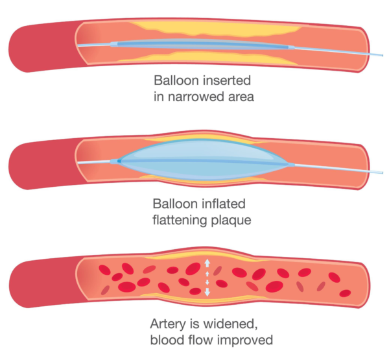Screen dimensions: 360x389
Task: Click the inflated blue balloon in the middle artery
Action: pyautogui.click(x=201, y=158)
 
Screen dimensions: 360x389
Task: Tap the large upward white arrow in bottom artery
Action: pyautogui.click(x=207, y=263)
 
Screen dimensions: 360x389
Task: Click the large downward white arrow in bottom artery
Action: pyautogui.click(x=207, y=291)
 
